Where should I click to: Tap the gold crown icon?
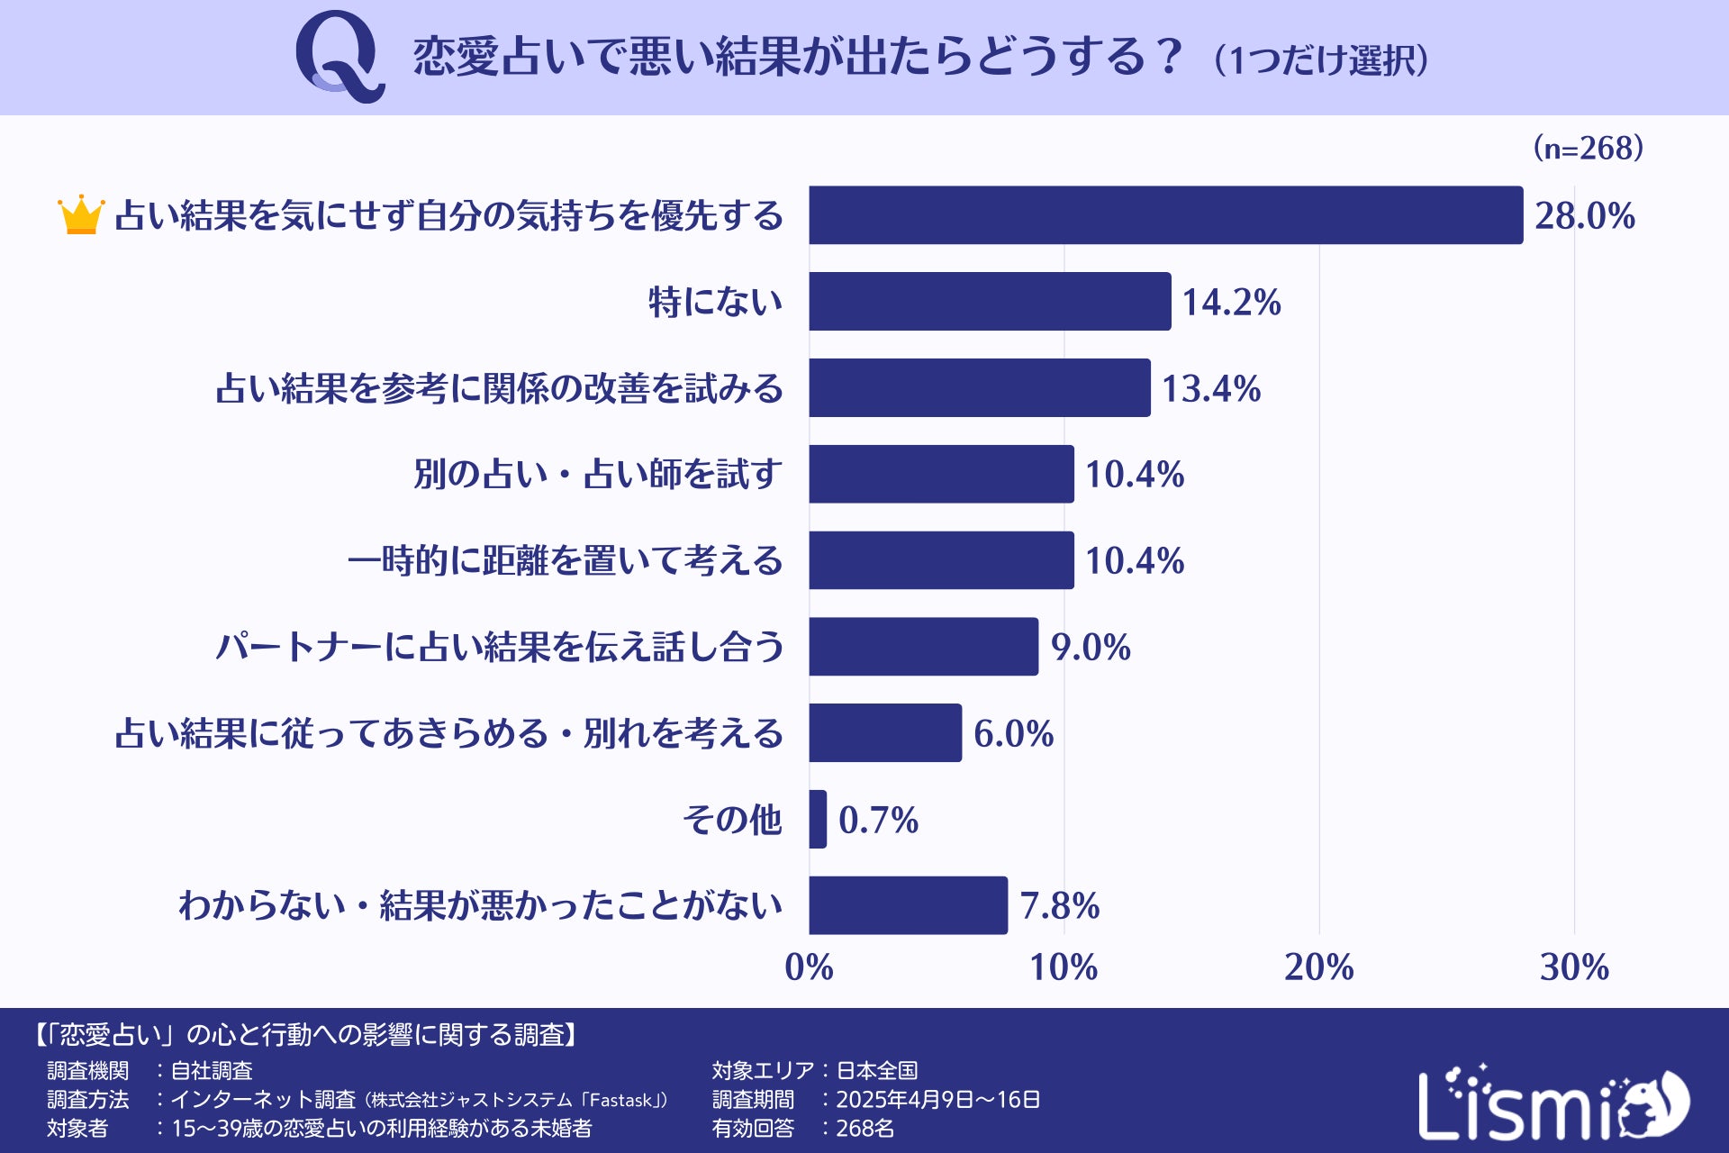point(81,215)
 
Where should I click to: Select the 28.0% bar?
point(1165,215)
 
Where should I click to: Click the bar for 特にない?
point(990,302)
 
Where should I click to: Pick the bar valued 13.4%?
point(979,388)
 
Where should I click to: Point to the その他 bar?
point(818,819)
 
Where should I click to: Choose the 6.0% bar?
point(884,733)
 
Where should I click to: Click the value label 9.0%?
point(1091,647)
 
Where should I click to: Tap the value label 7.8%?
point(1060,905)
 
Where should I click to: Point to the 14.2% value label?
point(1231,302)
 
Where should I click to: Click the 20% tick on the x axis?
point(1318,967)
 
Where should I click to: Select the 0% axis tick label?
point(809,967)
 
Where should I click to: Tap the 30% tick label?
point(1574,967)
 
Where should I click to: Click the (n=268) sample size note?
point(1589,148)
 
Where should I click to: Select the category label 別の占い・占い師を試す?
point(598,475)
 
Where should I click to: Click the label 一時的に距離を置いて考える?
point(565,560)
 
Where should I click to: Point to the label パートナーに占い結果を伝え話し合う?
point(500,647)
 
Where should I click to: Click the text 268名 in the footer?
point(864,1128)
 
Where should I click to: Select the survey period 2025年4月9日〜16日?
point(937,1099)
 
